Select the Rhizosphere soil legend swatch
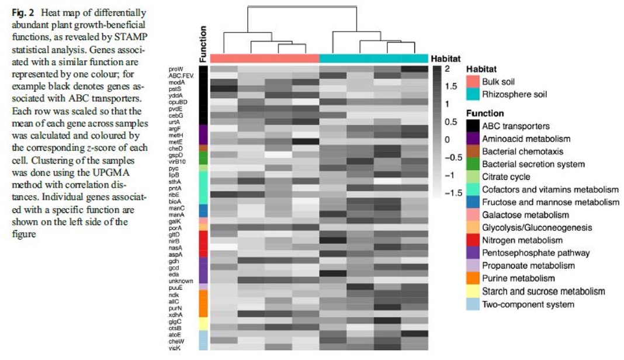tap(473, 94)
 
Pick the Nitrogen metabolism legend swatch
tap(473, 240)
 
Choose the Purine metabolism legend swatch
tap(473, 278)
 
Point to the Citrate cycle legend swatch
tap(473, 176)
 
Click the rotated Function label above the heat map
tap(203, 44)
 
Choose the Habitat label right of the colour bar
tap(446, 59)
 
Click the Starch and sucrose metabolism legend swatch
tap(473, 291)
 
